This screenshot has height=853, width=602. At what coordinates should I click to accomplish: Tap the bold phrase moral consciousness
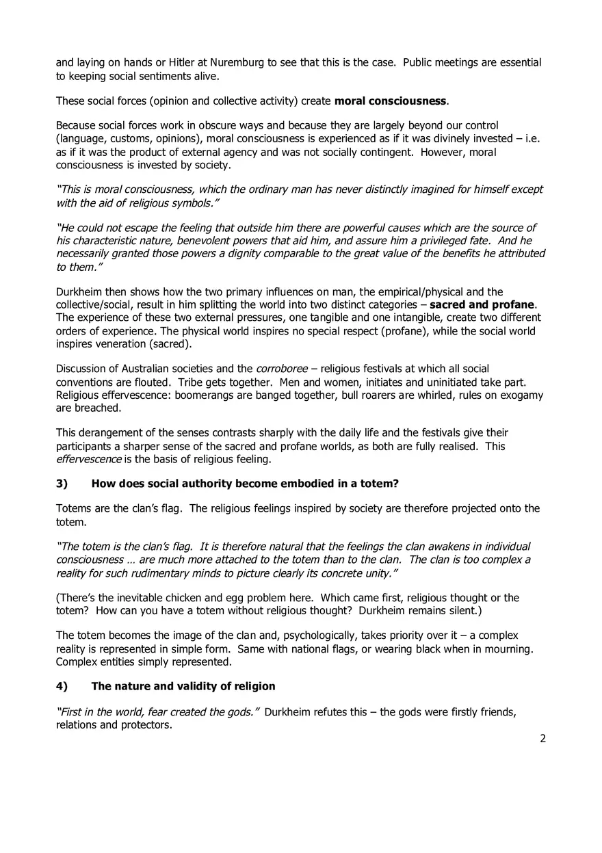pyautogui.click(x=390, y=101)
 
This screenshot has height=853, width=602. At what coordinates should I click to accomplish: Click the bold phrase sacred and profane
pyautogui.click(x=482, y=304)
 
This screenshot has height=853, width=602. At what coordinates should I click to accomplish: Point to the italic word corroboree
pyautogui.click(x=278, y=369)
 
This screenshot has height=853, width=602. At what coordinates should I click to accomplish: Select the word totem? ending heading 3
pyautogui.click(x=380, y=484)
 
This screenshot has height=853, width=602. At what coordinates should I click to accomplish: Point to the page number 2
pyautogui.click(x=542, y=738)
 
